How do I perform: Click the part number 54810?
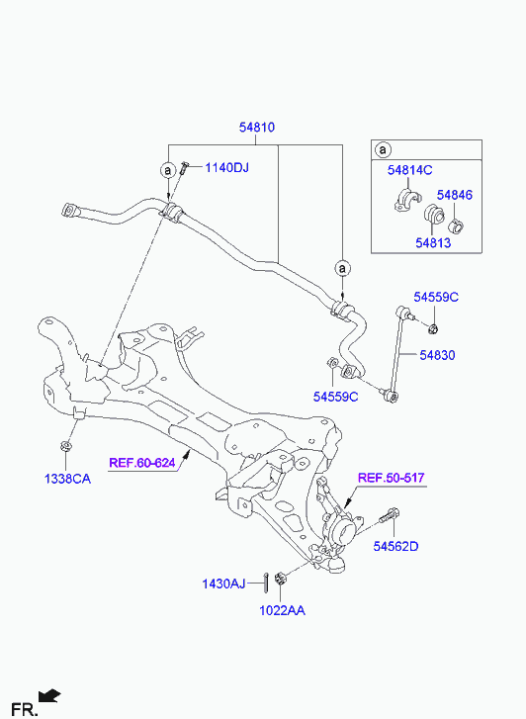(x=257, y=127)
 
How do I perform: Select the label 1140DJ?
(x=226, y=168)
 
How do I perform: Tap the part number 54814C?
(x=409, y=170)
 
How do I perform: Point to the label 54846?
(x=454, y=195)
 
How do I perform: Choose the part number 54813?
(x=433, y=242)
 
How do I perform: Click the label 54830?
(x=437, y=355)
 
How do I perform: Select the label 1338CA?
(x=67, y=480)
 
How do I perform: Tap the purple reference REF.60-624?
(x=142, y=463)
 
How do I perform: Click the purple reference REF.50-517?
(x=392, y=478)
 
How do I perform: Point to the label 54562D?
(x=395, y=546)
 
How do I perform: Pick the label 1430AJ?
(x=223, y=584)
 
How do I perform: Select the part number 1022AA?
(x=282, y=611)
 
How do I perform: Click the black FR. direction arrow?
(x=49, y=696)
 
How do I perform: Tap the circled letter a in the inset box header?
(x=383, y=149)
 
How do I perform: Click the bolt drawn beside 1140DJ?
(x=184, y=167)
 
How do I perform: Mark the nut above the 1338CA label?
(x=66, y=446)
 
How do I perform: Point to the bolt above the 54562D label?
(x=390, y=516)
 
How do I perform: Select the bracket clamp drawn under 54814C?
(x=407, y=200)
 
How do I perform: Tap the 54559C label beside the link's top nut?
(x=436, y=297)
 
